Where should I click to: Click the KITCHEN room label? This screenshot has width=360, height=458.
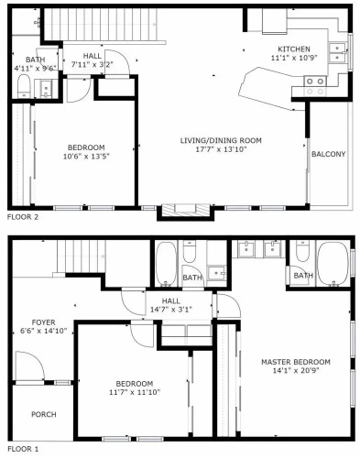click(294, 49)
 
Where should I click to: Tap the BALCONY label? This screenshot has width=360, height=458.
click(329, 154)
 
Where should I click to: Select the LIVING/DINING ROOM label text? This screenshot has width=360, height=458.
click(221, 140)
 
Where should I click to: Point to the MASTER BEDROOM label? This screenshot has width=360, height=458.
click(296, 362)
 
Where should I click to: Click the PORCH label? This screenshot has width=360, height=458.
click(44, 414)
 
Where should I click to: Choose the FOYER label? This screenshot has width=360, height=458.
click(44, 322)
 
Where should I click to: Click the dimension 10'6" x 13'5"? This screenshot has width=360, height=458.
click(86, 157)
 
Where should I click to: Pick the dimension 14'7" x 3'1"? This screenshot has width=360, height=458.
click(171, 310)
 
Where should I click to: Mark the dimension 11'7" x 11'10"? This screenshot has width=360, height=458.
click(135, 392)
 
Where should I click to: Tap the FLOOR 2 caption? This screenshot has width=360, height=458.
click(23, 217)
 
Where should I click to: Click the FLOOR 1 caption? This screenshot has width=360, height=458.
click(23, 449)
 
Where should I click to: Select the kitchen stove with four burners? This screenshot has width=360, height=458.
click(315, 86)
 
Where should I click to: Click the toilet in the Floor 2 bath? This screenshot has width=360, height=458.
click(24, 86)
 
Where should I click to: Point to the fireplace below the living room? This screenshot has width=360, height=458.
click(185, 212)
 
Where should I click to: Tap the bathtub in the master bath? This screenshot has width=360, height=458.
click(333, 265)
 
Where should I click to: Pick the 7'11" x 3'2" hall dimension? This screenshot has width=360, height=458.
click(93, 64)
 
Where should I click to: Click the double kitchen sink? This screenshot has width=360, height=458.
click(337, 53)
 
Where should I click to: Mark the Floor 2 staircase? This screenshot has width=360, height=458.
click(104, 25)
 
